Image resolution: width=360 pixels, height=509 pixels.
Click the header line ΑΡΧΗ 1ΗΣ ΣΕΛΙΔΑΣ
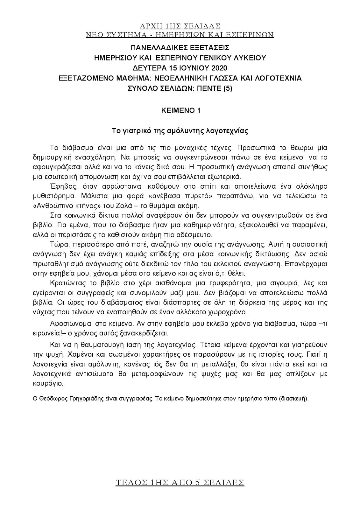(x=180, y=26)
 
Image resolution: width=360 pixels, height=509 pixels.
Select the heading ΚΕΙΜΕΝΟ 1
(x=180, y=110)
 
